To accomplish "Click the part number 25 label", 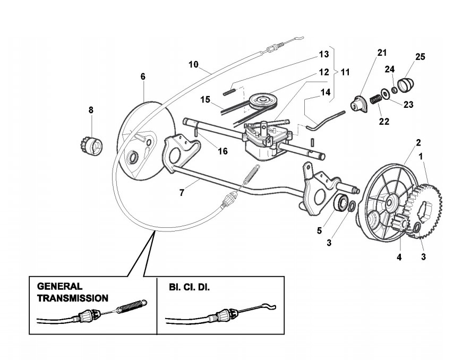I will [420, 56].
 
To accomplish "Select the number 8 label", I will [91, 110].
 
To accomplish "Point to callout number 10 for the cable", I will [193, 65].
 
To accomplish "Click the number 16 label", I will [222, 151].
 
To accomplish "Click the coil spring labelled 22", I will [376, 99].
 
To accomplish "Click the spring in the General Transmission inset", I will [130, 307].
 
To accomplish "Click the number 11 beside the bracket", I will [345, 71].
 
